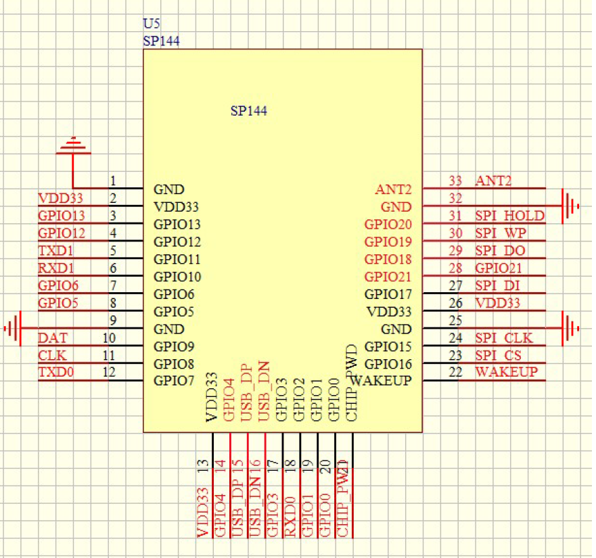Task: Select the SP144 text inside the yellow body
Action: click(x=248, y=111)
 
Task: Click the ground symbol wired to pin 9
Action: click(x=14, y=329)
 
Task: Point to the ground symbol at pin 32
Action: click(x=571, y=206)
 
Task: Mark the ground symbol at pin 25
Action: click(x=571, y=329)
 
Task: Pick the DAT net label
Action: click(x=52, y=338)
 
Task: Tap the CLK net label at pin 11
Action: click(x=51, y=355)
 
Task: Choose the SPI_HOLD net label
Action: click(x=509, y=216)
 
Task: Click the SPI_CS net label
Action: click(x=499, y=355)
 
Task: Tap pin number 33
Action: click(x=455, y=181)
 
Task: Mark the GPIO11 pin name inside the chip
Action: click(x=178, y=259)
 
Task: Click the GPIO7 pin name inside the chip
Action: click(x=174, y=380)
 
